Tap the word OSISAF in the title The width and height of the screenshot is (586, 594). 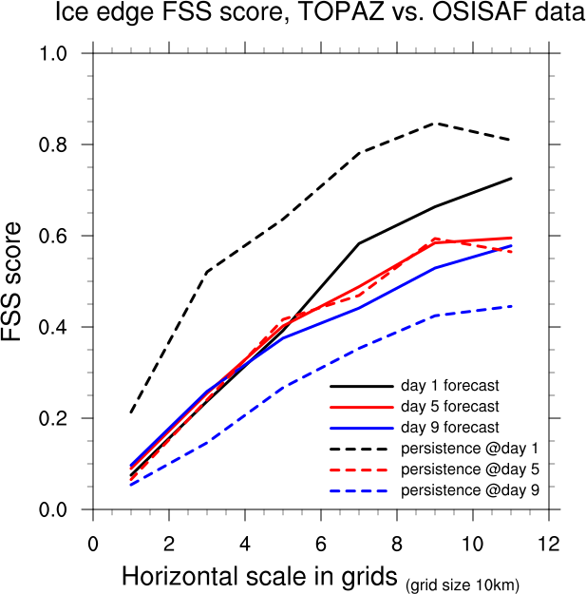click(440, 13)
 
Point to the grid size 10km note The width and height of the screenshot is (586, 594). click(463, 583)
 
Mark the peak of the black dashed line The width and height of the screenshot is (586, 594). click(435, 123)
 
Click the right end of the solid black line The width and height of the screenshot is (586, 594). click(511, 178)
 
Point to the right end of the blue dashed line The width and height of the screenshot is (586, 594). click(511, 306)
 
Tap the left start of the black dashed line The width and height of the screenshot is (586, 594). click(131, 412)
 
